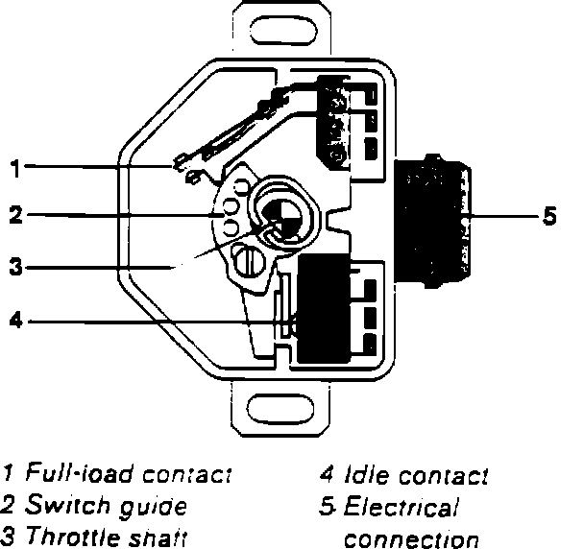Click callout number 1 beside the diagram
click(14, 169)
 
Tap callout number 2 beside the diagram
click(14, 216)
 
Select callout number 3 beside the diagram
click(14, 268)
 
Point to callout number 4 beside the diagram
click(14, 321)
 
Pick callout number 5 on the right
click(549, 216)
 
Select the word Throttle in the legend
click(68, 537)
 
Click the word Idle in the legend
click(362, 475)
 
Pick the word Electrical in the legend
click(401, 507)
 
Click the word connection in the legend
click(410, 538)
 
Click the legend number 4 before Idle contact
click(327, 475)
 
